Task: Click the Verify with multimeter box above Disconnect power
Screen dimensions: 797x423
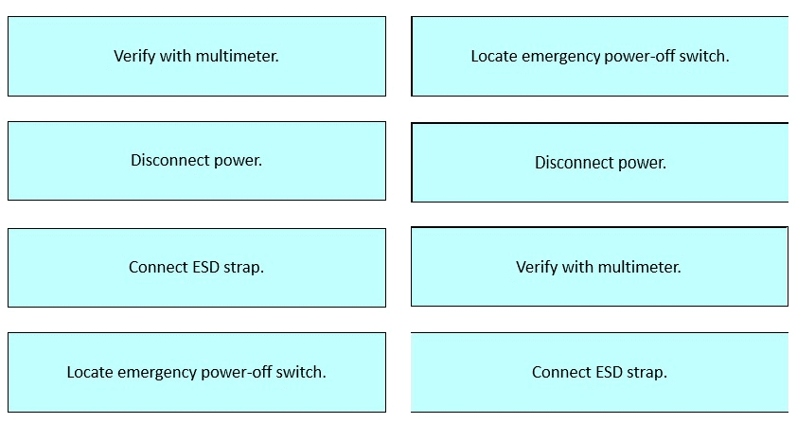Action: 197,56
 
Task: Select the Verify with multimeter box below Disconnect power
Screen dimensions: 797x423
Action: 599,267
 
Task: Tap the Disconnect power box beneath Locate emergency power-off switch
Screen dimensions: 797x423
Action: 600,162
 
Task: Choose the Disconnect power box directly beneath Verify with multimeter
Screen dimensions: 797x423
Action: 197,161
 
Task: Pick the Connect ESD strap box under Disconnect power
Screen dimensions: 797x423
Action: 197,268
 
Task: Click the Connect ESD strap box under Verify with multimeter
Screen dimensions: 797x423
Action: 599,372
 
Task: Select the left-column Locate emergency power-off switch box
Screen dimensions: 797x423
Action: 197,372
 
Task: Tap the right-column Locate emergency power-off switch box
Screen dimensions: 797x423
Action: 600,56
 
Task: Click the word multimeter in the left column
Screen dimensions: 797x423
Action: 237,56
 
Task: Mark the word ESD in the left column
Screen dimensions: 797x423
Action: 205,267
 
